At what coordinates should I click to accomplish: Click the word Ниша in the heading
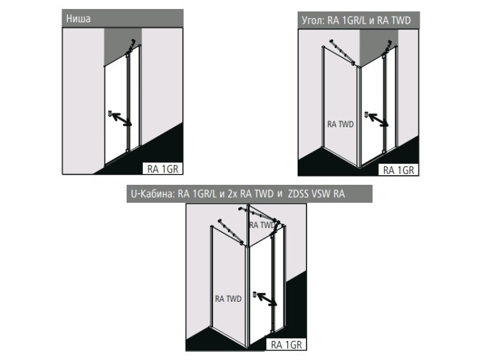78,19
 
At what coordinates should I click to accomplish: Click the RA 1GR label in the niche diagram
163,169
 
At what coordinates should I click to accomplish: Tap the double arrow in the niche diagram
122,120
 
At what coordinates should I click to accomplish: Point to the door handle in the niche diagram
109,113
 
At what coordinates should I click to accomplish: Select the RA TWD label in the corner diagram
340,124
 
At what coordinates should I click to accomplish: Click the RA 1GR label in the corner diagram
399,170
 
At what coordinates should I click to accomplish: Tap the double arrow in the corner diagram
378,120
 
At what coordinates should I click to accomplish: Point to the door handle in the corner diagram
367,115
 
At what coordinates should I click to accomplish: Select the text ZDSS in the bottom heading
298,194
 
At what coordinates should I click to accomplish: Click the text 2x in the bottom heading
232,194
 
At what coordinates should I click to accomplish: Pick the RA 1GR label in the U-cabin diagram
286,345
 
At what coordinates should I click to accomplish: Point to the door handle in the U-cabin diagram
255,295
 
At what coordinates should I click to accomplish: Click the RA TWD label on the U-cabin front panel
228,299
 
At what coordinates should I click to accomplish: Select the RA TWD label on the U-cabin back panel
262,225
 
